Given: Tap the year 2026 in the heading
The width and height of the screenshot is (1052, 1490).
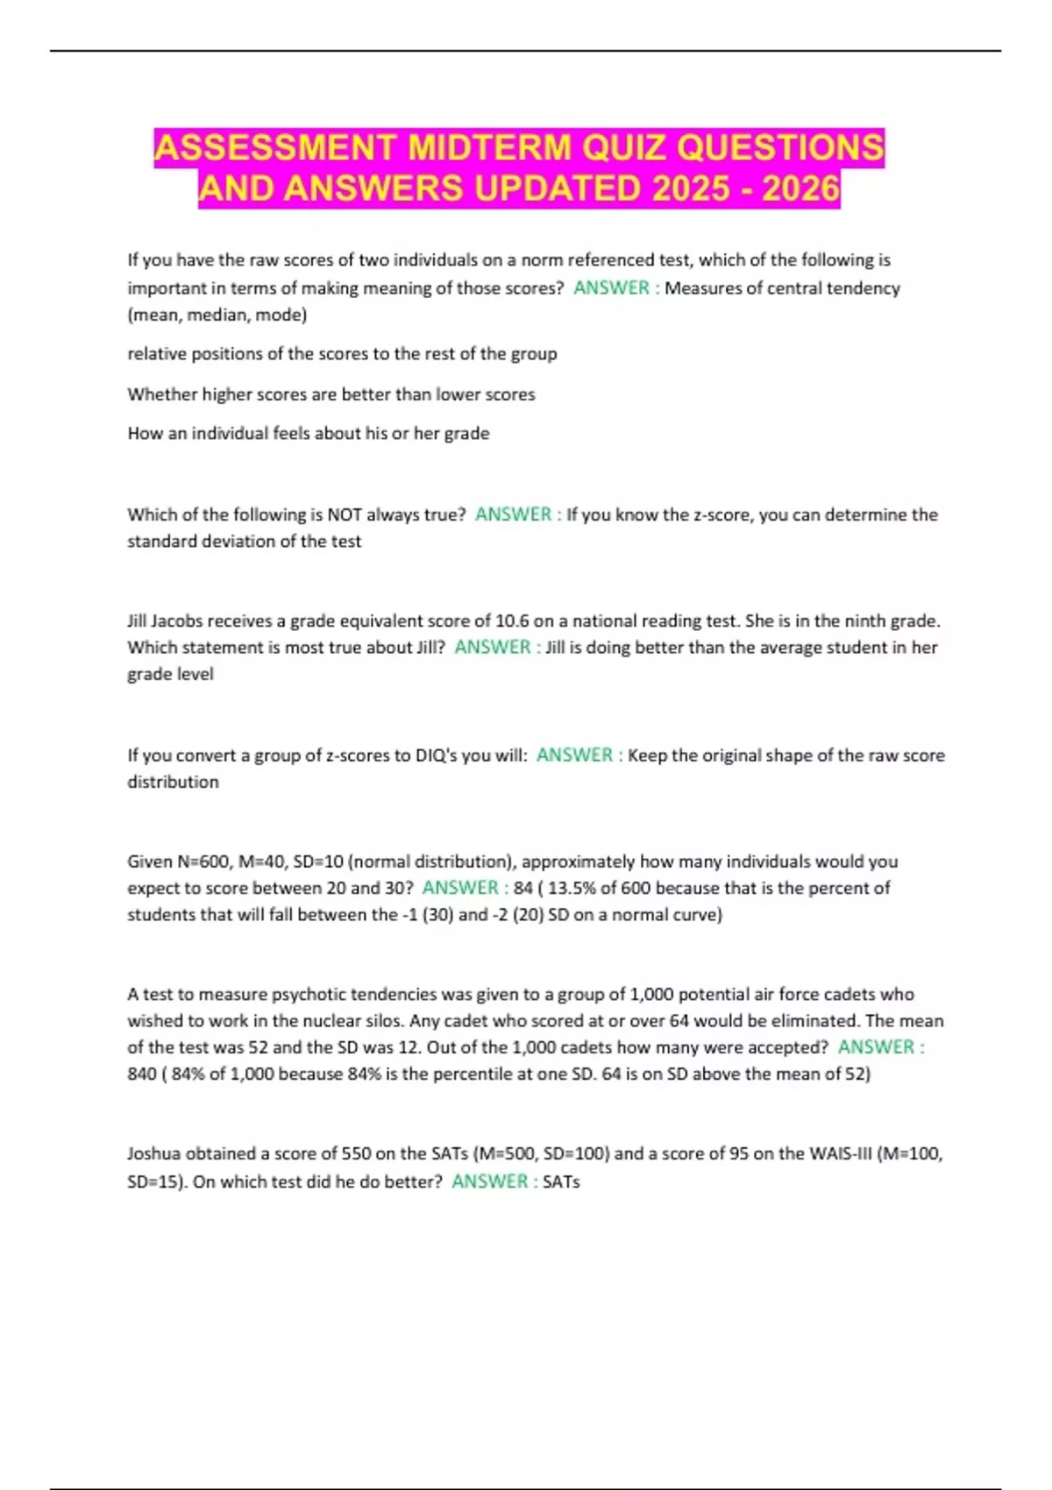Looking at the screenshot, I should [800, 188].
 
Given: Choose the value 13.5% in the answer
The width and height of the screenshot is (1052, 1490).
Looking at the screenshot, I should [572, 888].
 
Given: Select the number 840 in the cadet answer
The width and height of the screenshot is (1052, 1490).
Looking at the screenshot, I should [142, 1075].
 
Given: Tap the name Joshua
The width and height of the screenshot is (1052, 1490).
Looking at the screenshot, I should [153, 1154].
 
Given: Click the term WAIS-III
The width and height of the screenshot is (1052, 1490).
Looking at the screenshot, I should [839, 1154].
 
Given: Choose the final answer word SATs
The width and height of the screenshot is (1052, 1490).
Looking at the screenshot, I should [561, 1182].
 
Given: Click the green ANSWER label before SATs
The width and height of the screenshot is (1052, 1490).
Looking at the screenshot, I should [490, 1181].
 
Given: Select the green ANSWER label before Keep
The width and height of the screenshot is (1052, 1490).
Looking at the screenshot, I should [574, 756].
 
